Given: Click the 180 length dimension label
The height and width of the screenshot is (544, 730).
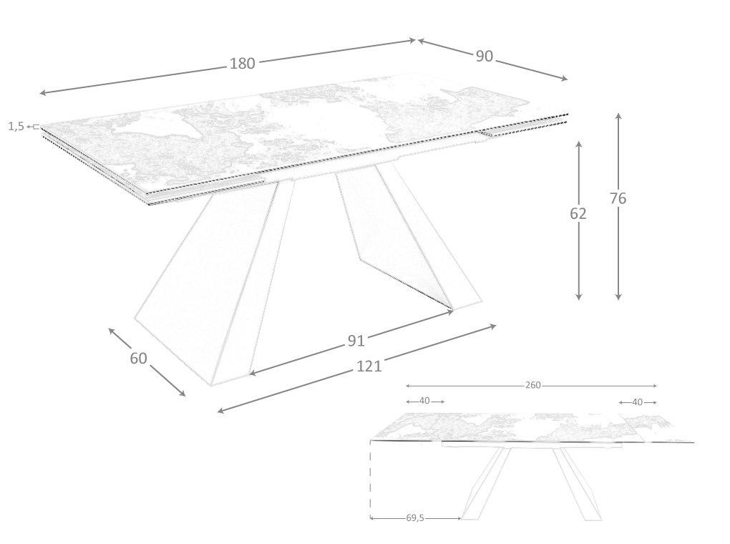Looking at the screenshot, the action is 242,63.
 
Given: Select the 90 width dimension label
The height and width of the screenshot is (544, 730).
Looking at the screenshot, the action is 485,57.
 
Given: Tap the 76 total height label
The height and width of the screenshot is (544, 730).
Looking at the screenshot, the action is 618,198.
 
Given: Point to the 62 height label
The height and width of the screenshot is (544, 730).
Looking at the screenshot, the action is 578,214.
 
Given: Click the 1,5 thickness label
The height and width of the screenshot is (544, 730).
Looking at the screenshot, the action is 16,126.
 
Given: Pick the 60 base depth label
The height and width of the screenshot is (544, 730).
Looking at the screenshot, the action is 138,358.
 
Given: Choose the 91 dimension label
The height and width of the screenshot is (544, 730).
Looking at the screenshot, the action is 356,341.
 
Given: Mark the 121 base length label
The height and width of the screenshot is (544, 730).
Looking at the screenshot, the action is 369,366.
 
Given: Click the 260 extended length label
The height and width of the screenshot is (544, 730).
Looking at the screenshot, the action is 533,385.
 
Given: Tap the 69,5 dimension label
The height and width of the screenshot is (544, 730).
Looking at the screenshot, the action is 415,518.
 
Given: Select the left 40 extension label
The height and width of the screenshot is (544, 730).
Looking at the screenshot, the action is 424,401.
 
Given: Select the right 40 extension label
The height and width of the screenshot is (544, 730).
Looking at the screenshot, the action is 638,402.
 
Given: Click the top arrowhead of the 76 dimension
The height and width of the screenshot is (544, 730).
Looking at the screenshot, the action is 618,115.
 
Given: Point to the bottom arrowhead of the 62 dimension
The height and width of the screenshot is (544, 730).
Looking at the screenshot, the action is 579,296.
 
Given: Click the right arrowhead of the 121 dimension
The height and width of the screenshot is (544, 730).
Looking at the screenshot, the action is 494,326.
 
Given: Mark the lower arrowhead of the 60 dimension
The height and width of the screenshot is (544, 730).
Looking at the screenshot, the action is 182,394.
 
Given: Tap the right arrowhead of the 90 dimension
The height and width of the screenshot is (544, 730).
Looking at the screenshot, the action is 565,79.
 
